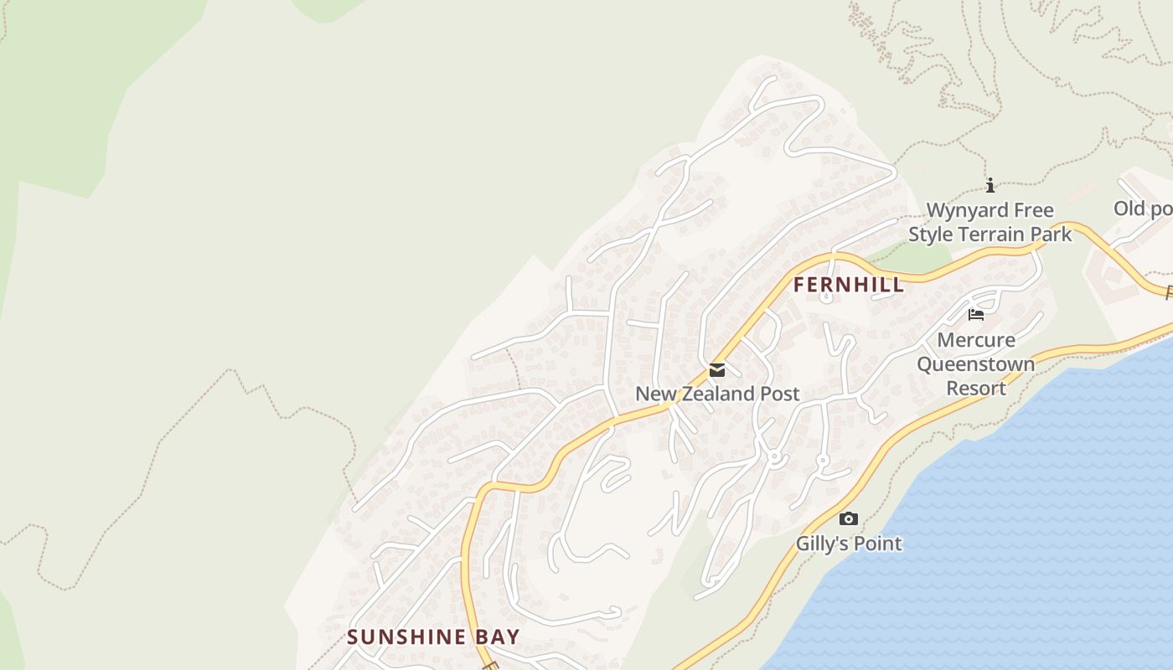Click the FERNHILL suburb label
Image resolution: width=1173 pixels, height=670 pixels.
tap(849, 285)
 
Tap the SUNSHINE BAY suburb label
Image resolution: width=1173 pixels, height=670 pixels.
tap(433, 636)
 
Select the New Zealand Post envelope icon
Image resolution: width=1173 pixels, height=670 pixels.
tap(716, 370)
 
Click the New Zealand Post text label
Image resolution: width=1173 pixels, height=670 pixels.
tap(717, 394)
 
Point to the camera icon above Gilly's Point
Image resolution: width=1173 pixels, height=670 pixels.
tap(849, 519)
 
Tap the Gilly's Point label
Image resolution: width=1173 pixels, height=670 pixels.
tap(849, 544)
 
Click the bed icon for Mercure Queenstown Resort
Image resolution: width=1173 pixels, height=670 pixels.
tap(976, 315)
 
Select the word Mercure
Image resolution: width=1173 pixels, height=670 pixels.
tap(976, 340)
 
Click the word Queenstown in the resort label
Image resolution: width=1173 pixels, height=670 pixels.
tap(976, 364)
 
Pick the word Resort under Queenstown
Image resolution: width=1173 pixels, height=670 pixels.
tap(976, 389)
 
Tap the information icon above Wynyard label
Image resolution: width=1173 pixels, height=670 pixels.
tap(990, 185)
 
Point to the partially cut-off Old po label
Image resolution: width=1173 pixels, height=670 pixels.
tap(1143, 209)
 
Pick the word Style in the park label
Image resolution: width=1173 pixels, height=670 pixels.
tap(931, 234)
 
